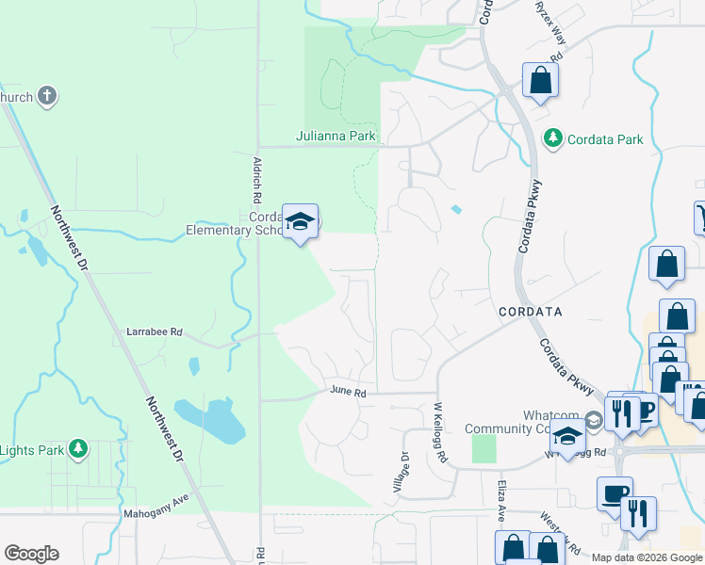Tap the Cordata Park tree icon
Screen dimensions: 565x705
tap(553, 139)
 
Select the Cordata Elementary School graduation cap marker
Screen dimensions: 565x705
tap(301, 222)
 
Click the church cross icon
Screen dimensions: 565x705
tap(47, 96)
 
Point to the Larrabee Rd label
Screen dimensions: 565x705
tap(155, 332)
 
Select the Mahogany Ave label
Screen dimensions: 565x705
tap(156, 514)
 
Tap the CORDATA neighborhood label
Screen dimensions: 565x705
tap(530, 311)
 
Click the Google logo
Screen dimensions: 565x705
tap(31, 554)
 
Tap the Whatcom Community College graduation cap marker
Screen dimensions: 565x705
tap(568, 437)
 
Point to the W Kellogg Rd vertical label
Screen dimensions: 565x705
tap(438, 432)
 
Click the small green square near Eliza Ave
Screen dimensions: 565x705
tap(484, 448)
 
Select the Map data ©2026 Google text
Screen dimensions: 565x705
tap(647, 557)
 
